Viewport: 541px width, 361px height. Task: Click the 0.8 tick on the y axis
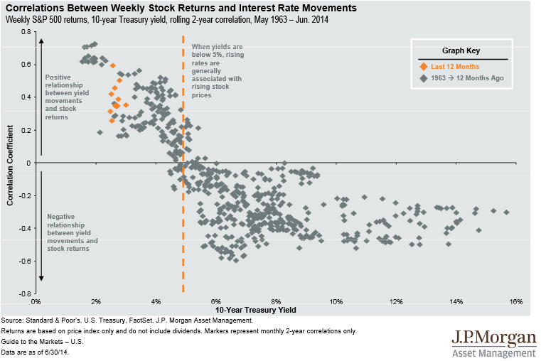[26, 33]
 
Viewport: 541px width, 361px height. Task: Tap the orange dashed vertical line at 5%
[183, 213]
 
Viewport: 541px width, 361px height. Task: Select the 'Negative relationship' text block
[72, 232]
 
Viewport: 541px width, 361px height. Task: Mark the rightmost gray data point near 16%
[507, 212]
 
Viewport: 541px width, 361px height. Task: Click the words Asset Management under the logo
[493, 352]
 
